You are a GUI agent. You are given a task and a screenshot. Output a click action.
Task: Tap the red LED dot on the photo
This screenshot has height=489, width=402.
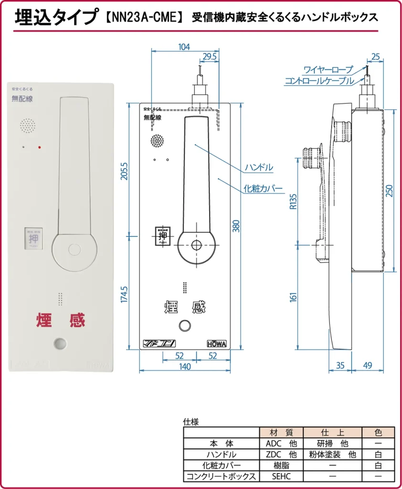40,147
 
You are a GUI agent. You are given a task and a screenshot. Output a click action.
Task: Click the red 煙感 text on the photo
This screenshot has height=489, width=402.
61,319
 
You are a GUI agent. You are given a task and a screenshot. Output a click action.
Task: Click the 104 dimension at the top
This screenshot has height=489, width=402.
184,47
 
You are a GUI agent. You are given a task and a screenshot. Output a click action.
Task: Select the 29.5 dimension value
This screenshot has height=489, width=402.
209,57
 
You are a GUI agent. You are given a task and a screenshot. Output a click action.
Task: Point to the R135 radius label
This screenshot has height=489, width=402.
293,202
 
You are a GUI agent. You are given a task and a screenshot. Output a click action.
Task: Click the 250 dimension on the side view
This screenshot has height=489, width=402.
390,191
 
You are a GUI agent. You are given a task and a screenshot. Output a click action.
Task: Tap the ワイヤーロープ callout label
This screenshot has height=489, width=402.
328,70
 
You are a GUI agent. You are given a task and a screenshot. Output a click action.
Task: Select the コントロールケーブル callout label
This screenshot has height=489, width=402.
319,81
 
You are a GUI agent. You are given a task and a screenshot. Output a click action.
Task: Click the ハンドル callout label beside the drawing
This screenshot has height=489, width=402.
259,167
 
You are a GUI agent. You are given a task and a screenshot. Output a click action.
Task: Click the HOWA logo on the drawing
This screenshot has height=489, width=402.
217,343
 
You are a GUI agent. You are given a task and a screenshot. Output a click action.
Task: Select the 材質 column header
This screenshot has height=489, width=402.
281,433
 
